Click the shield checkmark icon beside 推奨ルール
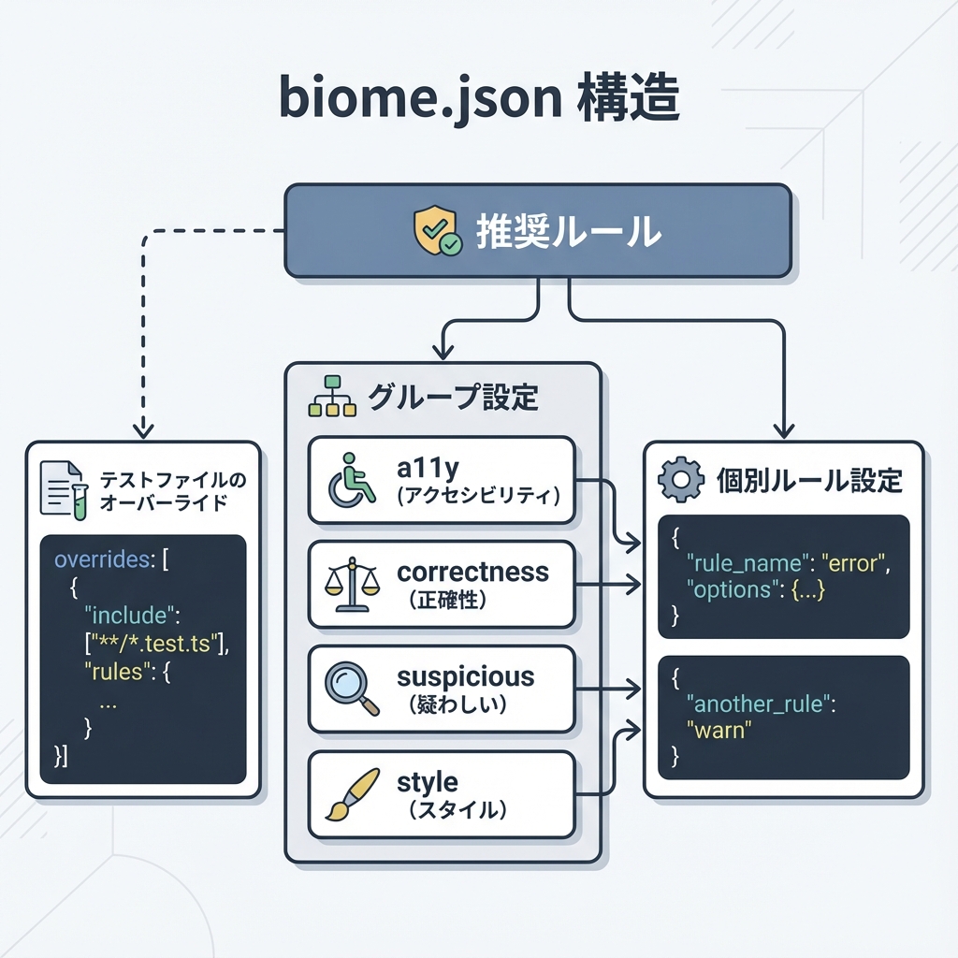(x=437, y=232)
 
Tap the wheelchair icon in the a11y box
(x=351, y=479)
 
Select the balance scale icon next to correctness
(x=352, y=584)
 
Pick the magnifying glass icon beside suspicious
(x=350, y=689)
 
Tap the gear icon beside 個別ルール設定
(x=680, y=480)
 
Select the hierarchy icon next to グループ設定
(x=332, y=397)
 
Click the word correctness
(x=472, y=572)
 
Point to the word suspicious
(x=465, y=676)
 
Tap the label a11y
(x=429, y=465)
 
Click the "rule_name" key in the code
(x=745, y=563)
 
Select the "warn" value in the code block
(x=719, y=729)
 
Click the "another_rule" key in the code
(x=757, y=704)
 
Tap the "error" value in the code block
(x=852, y=563)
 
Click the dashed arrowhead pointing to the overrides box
(x=142, y=430)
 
